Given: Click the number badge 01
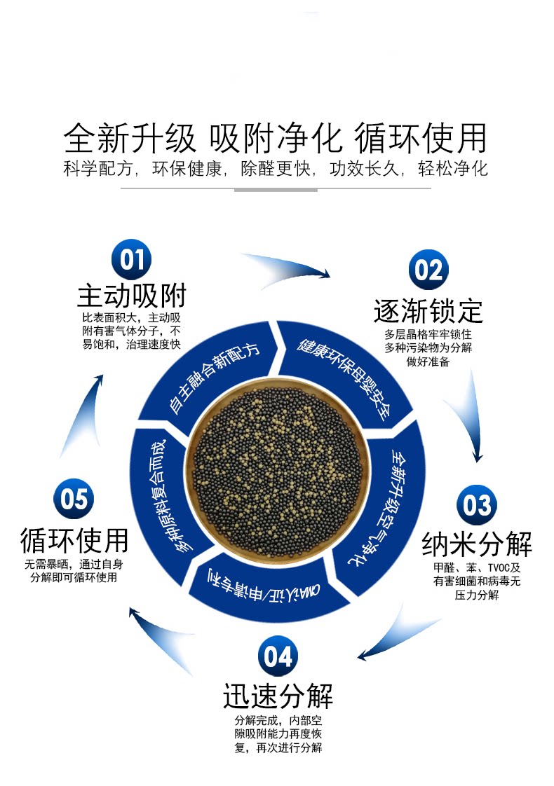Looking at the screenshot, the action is point(131,260).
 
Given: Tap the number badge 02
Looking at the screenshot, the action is point(428,271).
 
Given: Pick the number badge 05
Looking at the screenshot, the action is point(74,499).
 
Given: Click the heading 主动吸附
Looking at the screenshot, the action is point(131,296).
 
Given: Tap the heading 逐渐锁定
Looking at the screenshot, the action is point(428,310).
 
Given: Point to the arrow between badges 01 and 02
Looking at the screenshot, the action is point(288,270).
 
